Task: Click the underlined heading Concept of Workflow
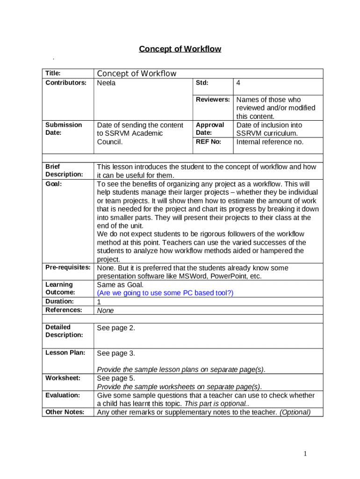(x=180, y=49)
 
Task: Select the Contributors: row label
(x=66, y=83)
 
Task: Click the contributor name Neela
(x=106, y=83)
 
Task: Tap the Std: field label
(x=202, y=83)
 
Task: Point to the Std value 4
(x=238, y=83)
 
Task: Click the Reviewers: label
(x=213, y=100)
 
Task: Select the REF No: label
(x=209, y=142)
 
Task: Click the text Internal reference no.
(x=270, y=142)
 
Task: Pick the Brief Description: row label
(x=64, y=170)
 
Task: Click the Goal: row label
(x=54, y=184)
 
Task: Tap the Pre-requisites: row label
(x=68, y=268)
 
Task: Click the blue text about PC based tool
(x=165, y=293)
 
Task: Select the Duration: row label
(x=59, y=301)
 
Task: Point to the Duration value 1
(x=99, y=302)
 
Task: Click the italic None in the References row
(x=105, y=310)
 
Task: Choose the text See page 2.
(x=116, y=328)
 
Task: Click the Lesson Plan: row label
(x=65, y=353)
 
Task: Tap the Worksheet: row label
(x=63, y=378)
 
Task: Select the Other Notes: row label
(x=65, y=412)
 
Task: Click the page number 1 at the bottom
(x=305, y=453)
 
